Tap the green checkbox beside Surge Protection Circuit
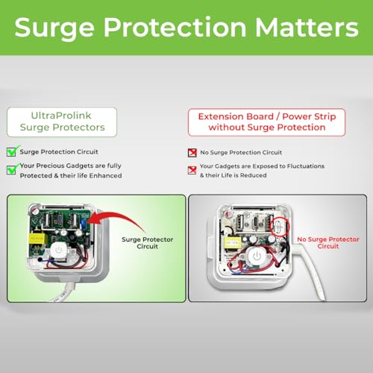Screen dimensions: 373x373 tap(11, 151)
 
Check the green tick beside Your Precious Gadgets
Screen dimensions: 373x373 tap(11, 169)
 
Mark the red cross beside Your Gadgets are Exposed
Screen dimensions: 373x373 tap(192, 169)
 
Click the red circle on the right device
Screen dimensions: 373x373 tap(280, 225)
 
